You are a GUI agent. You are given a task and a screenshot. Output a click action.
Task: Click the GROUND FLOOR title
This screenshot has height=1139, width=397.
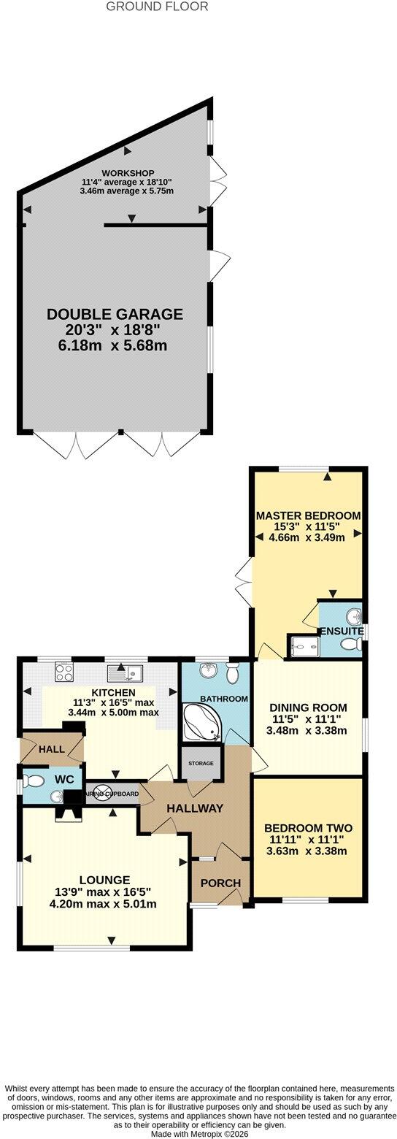157,7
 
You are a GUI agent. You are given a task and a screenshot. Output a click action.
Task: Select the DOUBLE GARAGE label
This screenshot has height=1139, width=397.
115,314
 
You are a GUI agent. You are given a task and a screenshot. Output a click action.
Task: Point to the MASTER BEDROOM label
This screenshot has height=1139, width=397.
308,515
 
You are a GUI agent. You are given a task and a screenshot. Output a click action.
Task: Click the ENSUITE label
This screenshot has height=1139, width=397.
342,632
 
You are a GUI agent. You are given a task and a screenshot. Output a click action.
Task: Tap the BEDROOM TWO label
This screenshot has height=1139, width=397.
308,827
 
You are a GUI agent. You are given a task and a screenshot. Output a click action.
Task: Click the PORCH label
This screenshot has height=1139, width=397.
220,883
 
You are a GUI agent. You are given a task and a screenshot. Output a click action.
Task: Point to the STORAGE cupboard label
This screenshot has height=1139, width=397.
201,763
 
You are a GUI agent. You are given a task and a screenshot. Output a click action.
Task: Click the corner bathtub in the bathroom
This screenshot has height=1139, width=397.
202,721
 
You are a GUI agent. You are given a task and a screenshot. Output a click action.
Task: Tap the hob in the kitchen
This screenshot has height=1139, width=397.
64,673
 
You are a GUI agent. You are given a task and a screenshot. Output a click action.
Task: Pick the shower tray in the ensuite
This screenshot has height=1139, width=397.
303,648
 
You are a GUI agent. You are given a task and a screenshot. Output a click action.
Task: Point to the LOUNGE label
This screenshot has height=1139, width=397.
104,881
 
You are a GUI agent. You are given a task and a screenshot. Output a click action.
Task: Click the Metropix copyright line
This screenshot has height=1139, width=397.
198,1134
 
